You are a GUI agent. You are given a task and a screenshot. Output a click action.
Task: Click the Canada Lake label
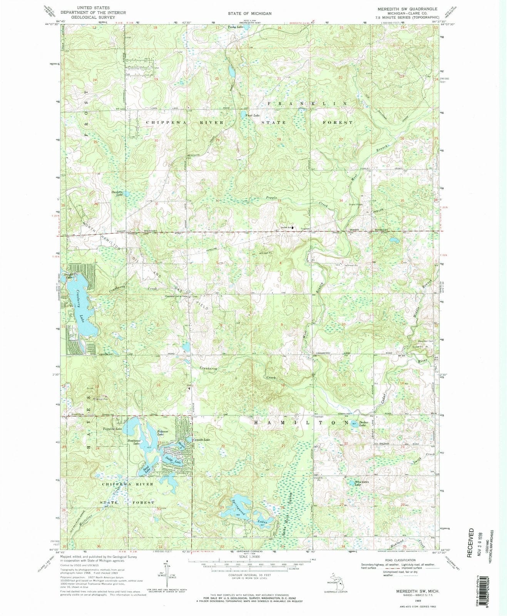(201, 440)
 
